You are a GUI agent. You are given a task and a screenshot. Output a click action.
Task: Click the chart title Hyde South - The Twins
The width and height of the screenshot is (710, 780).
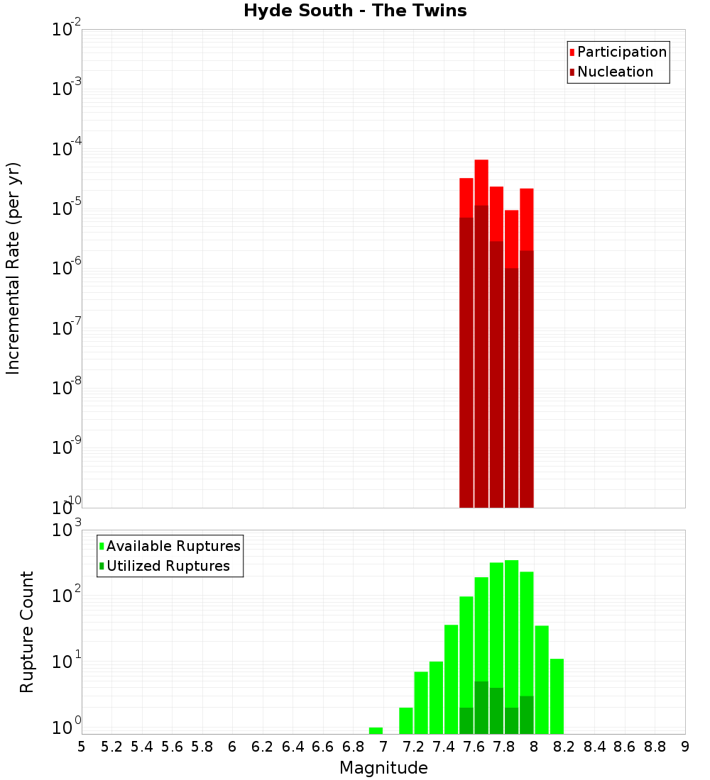pos(355,11)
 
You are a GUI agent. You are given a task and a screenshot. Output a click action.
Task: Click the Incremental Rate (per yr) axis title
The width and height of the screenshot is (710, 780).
pos(13,268)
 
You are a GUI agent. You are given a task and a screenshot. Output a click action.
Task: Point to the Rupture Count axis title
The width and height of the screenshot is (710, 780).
pos(27,632)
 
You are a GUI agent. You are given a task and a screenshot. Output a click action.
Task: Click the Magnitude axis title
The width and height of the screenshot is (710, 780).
pos(383,768)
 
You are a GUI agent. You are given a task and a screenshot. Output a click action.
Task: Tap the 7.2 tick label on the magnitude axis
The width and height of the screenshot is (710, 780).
pos(414,747)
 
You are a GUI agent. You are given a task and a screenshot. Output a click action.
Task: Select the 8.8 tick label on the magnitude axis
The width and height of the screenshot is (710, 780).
pos(655,747)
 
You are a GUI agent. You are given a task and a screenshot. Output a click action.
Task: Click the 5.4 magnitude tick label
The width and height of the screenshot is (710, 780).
pos(142,747)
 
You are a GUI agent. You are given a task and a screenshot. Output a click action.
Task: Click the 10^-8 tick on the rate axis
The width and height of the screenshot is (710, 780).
pos(65,389)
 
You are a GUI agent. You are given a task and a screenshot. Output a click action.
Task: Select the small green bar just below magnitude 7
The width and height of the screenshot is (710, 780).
pos(376,730)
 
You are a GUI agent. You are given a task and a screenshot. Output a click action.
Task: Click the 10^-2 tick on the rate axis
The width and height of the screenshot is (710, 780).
pos(65,30)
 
